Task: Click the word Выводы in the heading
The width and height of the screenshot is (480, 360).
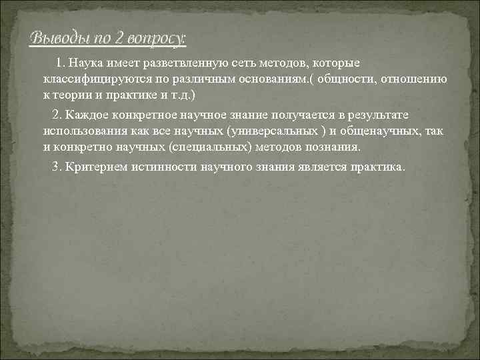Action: (55, 38)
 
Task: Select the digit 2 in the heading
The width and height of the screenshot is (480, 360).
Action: (117, 38)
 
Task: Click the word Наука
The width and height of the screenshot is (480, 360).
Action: (89, 63)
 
